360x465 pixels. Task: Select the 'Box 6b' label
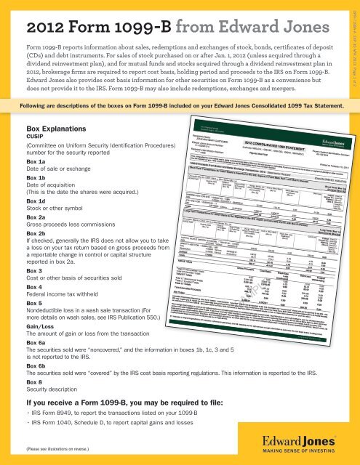(x=36, y=405)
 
